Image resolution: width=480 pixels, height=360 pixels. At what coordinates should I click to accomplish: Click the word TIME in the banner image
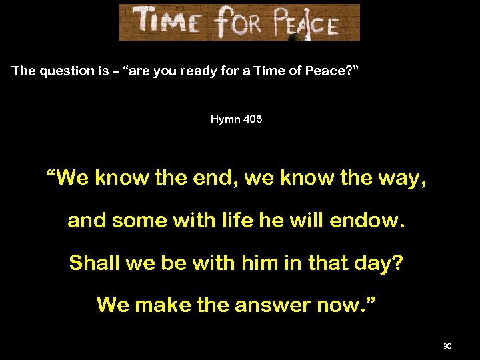167,22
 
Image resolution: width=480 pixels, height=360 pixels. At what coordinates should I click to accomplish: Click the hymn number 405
253,119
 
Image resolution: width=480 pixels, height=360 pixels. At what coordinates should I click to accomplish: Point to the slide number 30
447,346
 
